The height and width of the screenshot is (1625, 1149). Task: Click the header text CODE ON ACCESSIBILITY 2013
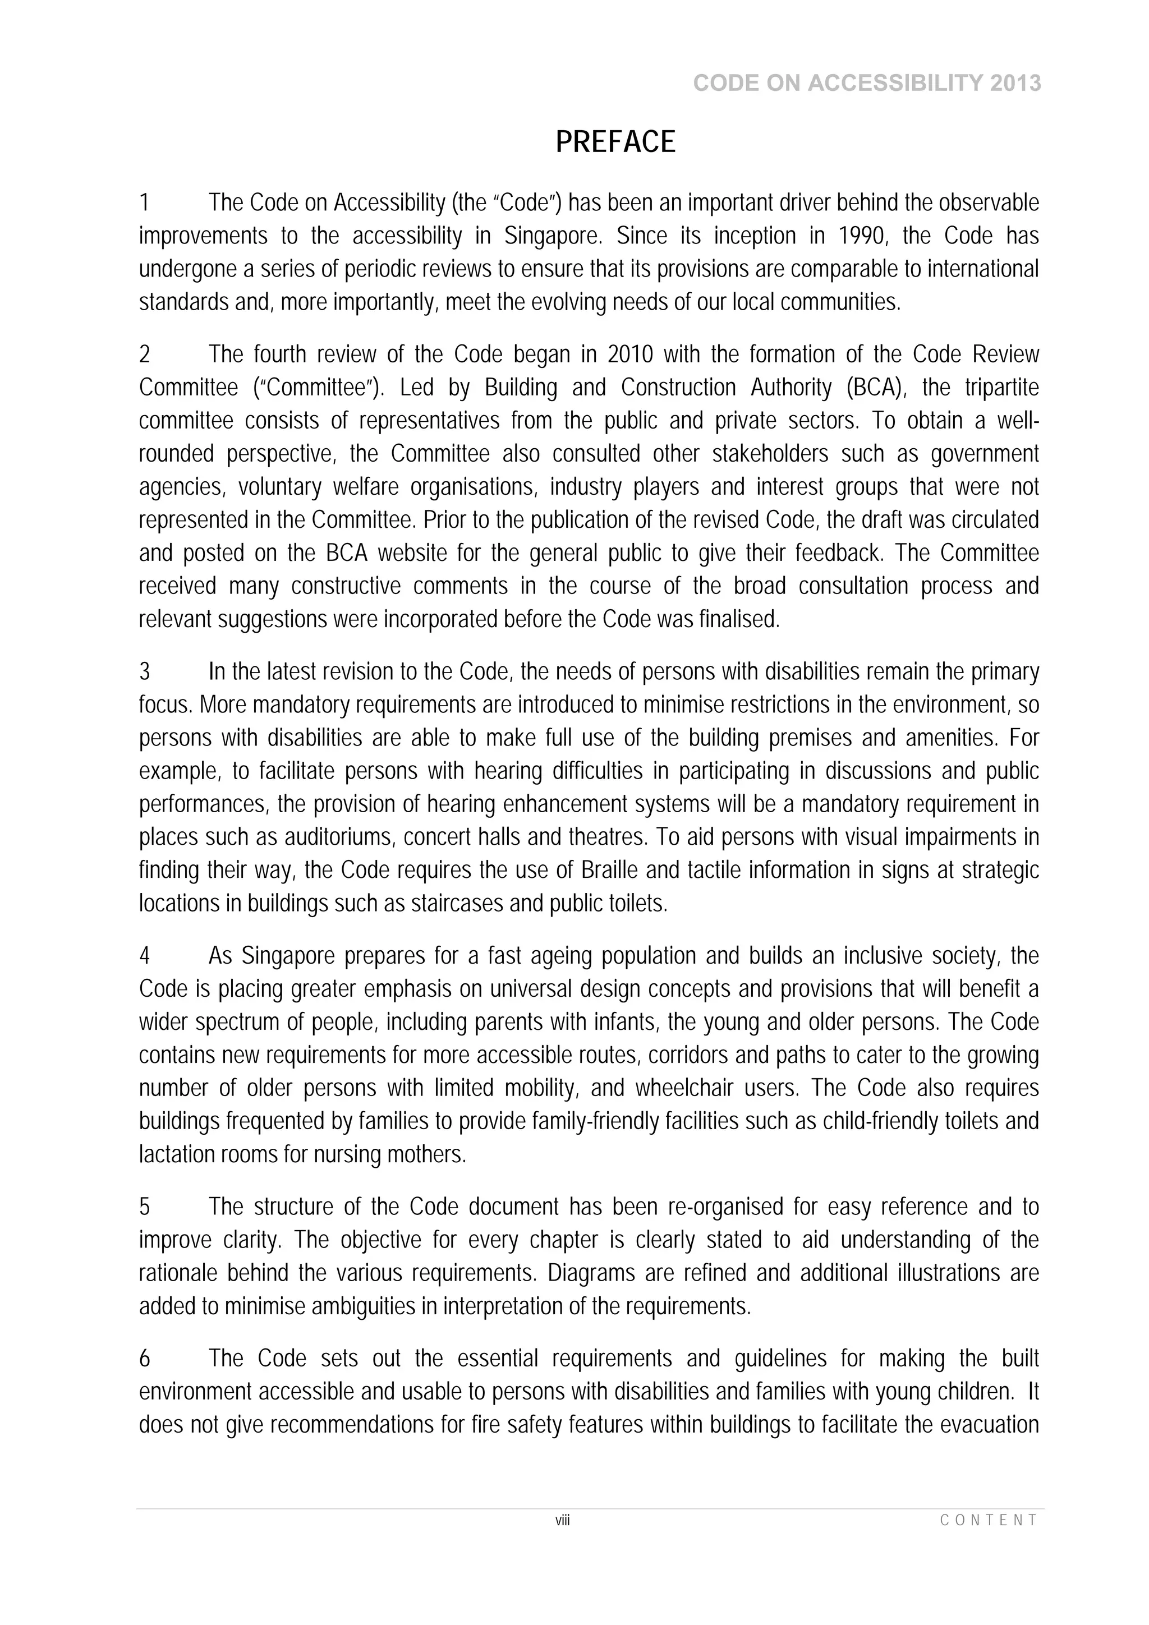[x=867, y=84]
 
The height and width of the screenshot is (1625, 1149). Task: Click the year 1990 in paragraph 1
[x=862, y=236]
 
